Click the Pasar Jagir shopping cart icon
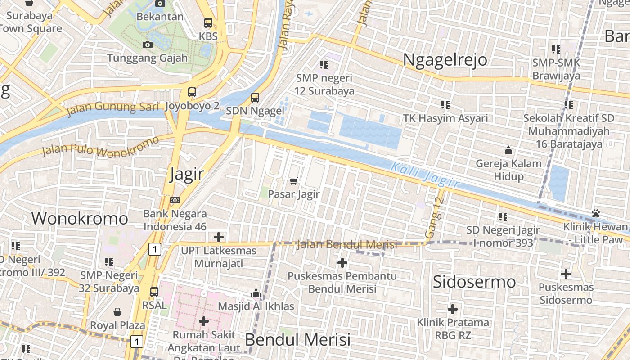294,181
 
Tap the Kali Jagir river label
425,175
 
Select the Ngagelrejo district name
445,59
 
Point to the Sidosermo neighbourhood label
474,282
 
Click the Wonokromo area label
80,219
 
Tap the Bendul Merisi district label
297,339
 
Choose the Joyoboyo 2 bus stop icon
192,92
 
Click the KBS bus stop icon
208,23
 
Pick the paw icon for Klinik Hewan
596,213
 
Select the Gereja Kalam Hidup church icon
508,150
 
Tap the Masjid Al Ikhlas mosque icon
256,293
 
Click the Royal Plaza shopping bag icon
117,312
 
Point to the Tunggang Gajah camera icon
147,45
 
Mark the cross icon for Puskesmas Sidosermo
566,274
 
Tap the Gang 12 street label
435,218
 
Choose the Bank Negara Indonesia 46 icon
175,200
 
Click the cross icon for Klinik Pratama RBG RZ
453,309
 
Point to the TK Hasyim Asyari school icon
445,105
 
